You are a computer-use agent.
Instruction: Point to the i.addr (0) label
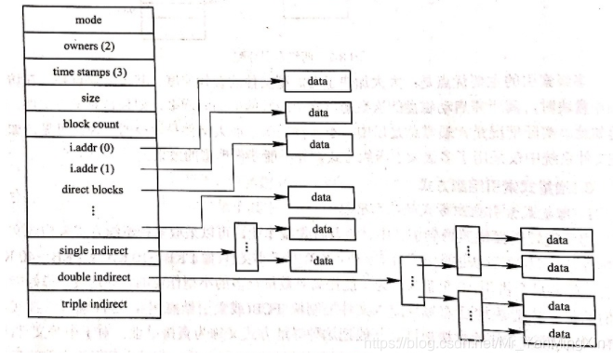click(91, 147)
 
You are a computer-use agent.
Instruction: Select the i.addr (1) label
click(91, 168)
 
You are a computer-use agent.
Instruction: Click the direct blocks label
click(91, 189)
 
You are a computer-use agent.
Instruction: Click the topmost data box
click(318, 82)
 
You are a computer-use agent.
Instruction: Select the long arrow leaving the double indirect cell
click(279, 277)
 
